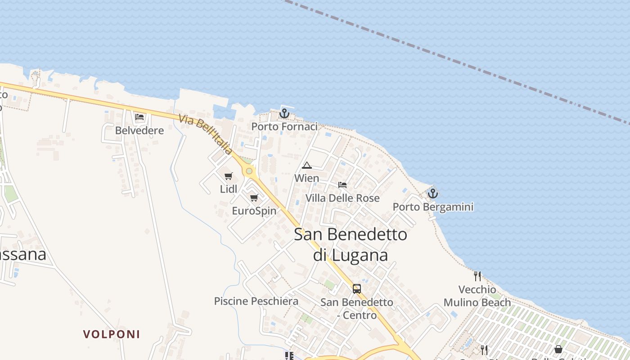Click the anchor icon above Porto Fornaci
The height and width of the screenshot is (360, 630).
pos(284,113)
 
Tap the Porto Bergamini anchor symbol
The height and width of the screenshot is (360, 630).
pos(432,193)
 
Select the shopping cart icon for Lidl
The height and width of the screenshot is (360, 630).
pos(229,176)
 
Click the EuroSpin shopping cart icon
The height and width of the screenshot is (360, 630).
pos(254,198)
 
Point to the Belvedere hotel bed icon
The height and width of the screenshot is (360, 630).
pos(139,117)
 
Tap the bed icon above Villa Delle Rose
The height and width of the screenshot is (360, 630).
pos(342,184)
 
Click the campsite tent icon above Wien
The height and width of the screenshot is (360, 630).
pos(307,165)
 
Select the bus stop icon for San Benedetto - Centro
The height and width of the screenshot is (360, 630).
pos(357,289)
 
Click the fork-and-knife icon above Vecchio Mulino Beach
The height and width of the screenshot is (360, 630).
pos(477,276)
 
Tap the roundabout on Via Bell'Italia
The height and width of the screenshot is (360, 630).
pos(249,171)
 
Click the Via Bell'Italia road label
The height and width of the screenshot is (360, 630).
pos(205,135)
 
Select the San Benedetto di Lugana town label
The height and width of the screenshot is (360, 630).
pos(351,244)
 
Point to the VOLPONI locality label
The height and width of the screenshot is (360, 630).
pos(112,334)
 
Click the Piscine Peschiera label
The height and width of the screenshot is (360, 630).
pos(256,301)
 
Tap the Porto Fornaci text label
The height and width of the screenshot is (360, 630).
pos(284,127)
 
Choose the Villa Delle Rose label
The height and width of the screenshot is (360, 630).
pos(342,198)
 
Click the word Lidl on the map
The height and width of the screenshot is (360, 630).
pos(229,189)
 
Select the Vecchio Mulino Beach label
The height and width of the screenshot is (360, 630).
pos(477,296)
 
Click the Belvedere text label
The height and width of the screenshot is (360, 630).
pos(139,130)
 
